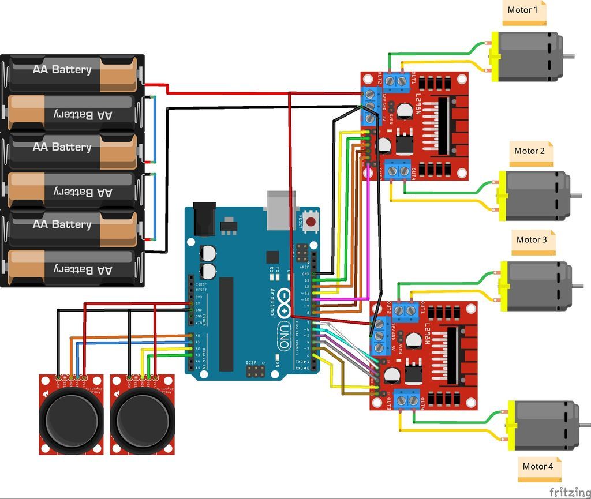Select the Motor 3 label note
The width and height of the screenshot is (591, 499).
point(533,241)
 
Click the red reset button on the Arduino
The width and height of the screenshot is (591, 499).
point(311,222)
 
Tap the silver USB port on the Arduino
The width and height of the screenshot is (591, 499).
point(281,208)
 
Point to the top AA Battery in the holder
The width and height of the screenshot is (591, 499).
point(72,70)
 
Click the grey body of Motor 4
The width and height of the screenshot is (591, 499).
point(545,426)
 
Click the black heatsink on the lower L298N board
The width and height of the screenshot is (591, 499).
point(453,357)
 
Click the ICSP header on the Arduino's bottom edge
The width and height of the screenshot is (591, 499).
point(255,372)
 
